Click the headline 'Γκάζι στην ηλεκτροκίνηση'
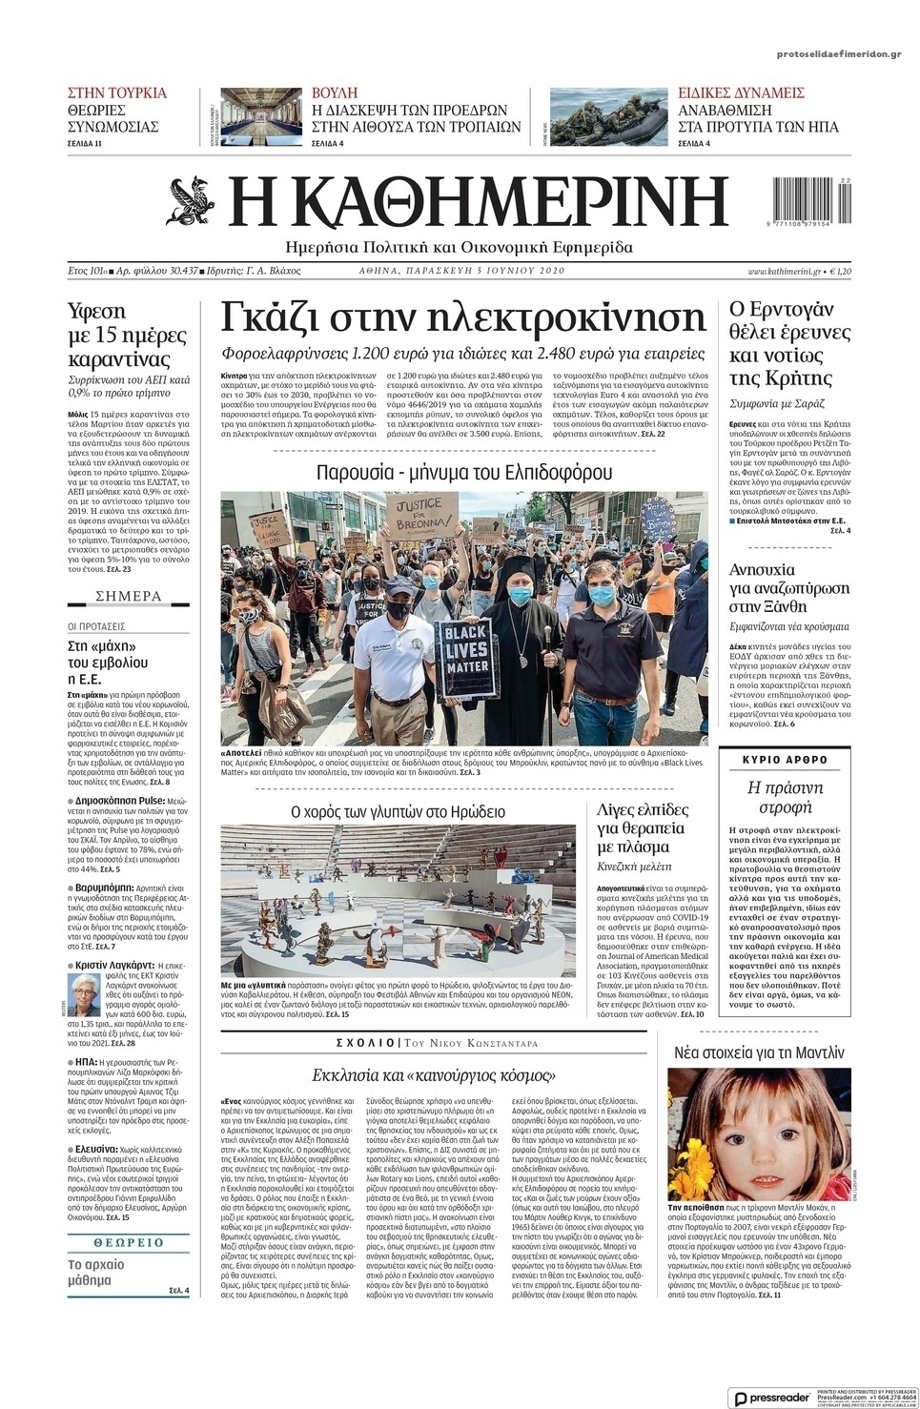[x=463, y=317]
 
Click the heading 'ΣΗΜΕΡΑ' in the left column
[x=129, y=597]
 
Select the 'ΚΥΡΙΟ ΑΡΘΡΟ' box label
[x=785, y=760]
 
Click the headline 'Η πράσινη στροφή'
[x=785, y=798]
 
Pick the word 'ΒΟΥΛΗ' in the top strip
[x=335, y=93]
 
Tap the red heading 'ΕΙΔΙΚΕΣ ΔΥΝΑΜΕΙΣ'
[x=741, y=93]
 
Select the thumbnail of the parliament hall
[x=260, y=115]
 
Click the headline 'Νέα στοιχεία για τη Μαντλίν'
[x=760, y=1053]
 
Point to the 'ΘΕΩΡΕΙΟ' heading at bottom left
[x=129, y=1243]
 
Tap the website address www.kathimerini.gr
[x=785, y=272]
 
